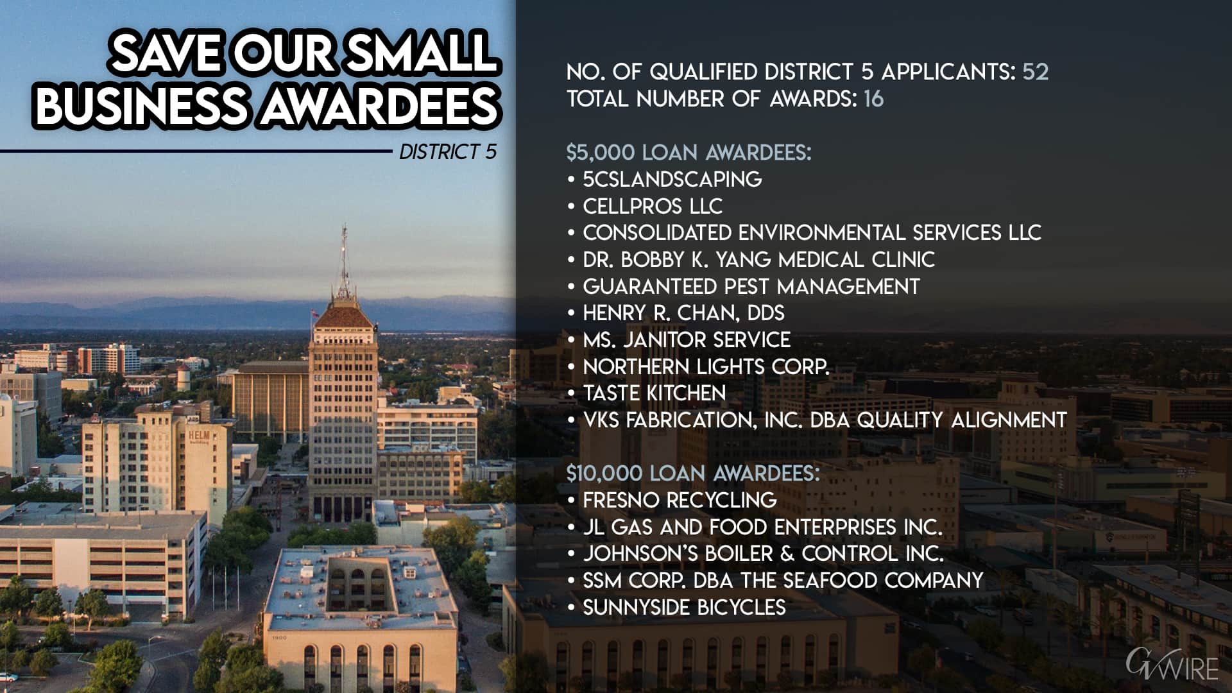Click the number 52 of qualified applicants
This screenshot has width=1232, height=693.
[x=1035, y=71]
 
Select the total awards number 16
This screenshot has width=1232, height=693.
[x=873, y=99]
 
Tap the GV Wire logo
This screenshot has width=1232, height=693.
[x=1172, y=665]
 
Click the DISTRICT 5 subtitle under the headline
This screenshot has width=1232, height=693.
[x=448, y=152]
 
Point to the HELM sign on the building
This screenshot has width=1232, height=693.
[x=199, y=437]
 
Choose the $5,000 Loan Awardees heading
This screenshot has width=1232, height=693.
[x=689, y=153]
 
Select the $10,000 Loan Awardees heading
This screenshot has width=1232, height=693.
[x=693, y=474]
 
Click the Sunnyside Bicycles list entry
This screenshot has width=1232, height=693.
[x=684, y=607]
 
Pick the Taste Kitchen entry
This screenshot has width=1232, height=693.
[x=654, y=393]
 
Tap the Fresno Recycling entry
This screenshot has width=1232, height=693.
[x=680, y=500]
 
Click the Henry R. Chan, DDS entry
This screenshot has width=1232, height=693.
[x=683, y=313]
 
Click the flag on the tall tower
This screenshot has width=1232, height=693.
[x=314, y=314]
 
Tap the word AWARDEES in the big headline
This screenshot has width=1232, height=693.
[x=379, y=105]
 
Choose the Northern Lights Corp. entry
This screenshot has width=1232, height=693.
[x=706, y=366]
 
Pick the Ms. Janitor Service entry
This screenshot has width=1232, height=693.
[x=687, y=339]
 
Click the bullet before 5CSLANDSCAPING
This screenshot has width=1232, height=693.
[x=571, y=180]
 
